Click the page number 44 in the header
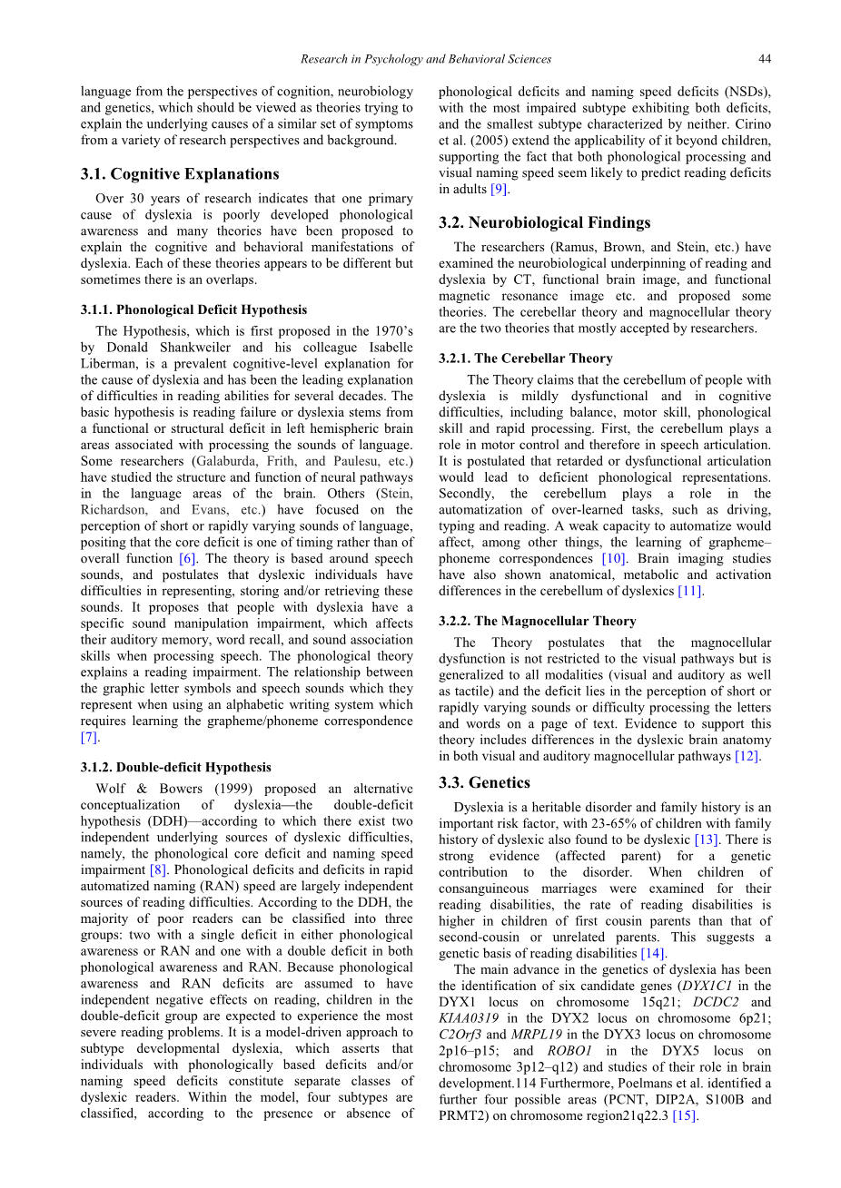(x=765, y=59)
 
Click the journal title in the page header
(x=426, y=59)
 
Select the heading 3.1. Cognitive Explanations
(x=180, y=174)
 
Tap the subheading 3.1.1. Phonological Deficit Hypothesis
(x=193, y=309)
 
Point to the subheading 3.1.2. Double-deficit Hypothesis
(x=175, y=767)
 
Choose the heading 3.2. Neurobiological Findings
(x=545, y=222)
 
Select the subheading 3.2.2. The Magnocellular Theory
(x=538, y=621)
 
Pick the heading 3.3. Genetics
(x=485, y=782)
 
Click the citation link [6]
(x=186, y=559)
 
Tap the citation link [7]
(x=89, y=738)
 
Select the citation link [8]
(x=158, y=870)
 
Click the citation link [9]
(x=500, y=190)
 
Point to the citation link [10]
(x=613, y=559)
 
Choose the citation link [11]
(x=690, y=592)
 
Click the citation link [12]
(x=747, y=757)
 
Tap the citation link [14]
(x=652, y=954)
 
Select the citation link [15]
(x=685, y=1116)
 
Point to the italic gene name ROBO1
(x=571, y=1051)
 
